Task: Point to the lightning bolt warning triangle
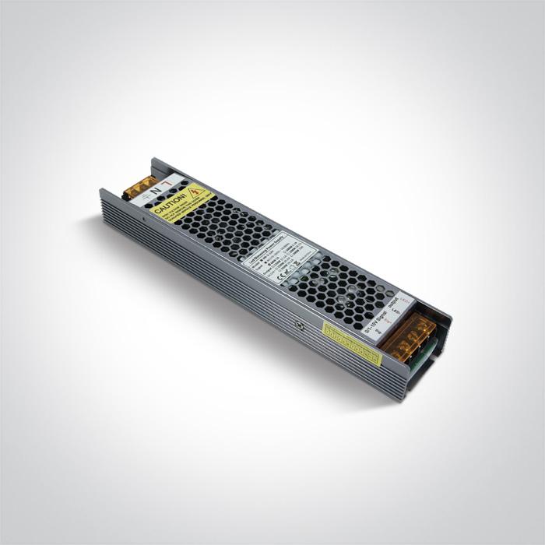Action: click(199, 191)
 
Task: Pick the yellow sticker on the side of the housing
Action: click(352, 343)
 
